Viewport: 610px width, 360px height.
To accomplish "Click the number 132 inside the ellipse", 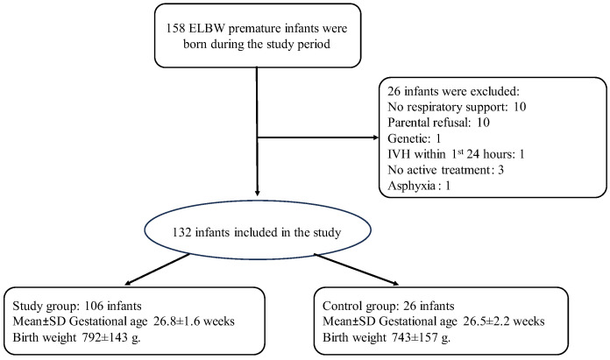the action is pyautogui.click(x=181, y=232).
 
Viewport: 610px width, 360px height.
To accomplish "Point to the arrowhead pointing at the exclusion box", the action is pyautogui.click(x=375, y=138).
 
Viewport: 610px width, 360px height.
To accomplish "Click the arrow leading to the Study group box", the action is pyautogui.click(x=158, y=269).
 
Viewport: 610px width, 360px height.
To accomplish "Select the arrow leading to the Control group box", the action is pyautogui.click(x=357, y=270).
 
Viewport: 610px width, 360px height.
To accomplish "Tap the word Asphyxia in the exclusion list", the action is pyautogui.click(x=411, y=186).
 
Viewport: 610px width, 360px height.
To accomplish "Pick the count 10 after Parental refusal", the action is pyautogui.click(x=483, y=123).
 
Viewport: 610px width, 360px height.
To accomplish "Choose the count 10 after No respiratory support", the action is pyautogui.click(x=520, y=107).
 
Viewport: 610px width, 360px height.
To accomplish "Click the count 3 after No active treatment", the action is pyautogui.click(x=500, y=170).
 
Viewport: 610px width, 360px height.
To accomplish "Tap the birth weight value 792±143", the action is pyautogui.click(x=104, y=337).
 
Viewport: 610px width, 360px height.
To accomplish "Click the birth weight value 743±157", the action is pyautogui.click(x=415, y=337).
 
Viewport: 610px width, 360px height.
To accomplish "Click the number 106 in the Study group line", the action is pyautogui.click(x=94, y=306).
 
